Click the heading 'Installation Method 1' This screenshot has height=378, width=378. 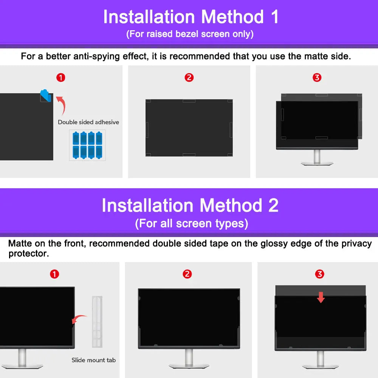(x=191, y=17)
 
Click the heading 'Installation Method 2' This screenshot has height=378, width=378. (x=190, y=206)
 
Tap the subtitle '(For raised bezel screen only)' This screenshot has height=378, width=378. (x=190, y=34)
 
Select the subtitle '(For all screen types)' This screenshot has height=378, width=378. (x=191, y=223)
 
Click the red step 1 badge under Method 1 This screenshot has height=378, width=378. (x=60, y=78)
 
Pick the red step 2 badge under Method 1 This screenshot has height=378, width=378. (x=189, y=78)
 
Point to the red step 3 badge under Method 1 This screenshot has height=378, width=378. (x=317, y=78)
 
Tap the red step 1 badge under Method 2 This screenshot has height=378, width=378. (x=54, y=274)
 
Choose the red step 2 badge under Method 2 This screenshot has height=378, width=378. (x=187, y=274)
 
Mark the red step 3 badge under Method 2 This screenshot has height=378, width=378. (x=320, y=274)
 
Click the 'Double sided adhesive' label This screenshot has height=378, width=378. (x=88, y=122)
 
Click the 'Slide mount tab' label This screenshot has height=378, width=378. (x=94, y=360)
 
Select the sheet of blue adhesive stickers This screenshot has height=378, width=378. (x=88, y=145)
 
